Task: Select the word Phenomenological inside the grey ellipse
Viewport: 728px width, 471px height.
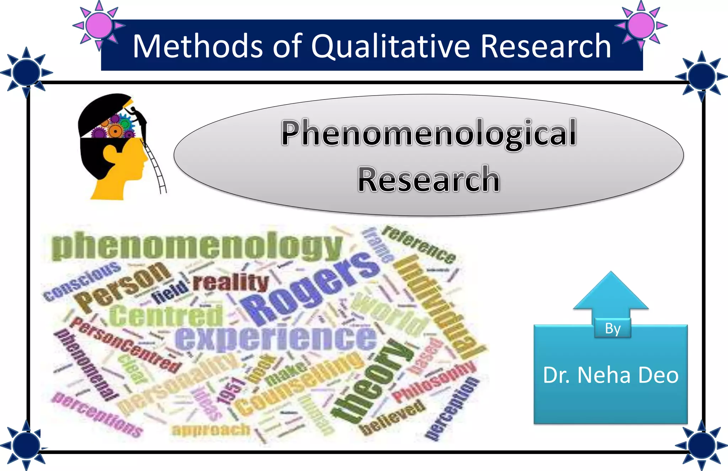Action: click(429, 134)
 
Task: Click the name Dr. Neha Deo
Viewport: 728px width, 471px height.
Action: click(610, 375)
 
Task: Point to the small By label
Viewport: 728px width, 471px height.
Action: click(612, 328)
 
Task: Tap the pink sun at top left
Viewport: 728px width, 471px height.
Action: click(99, 25)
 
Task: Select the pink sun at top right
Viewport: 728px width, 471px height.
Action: click(641, 25)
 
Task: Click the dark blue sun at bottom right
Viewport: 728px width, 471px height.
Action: click(701, 445)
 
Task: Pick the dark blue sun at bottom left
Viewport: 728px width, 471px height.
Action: click(26, 445)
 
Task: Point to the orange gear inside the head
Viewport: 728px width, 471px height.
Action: click(115, 131)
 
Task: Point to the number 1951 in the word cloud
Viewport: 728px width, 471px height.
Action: click(231, 391)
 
